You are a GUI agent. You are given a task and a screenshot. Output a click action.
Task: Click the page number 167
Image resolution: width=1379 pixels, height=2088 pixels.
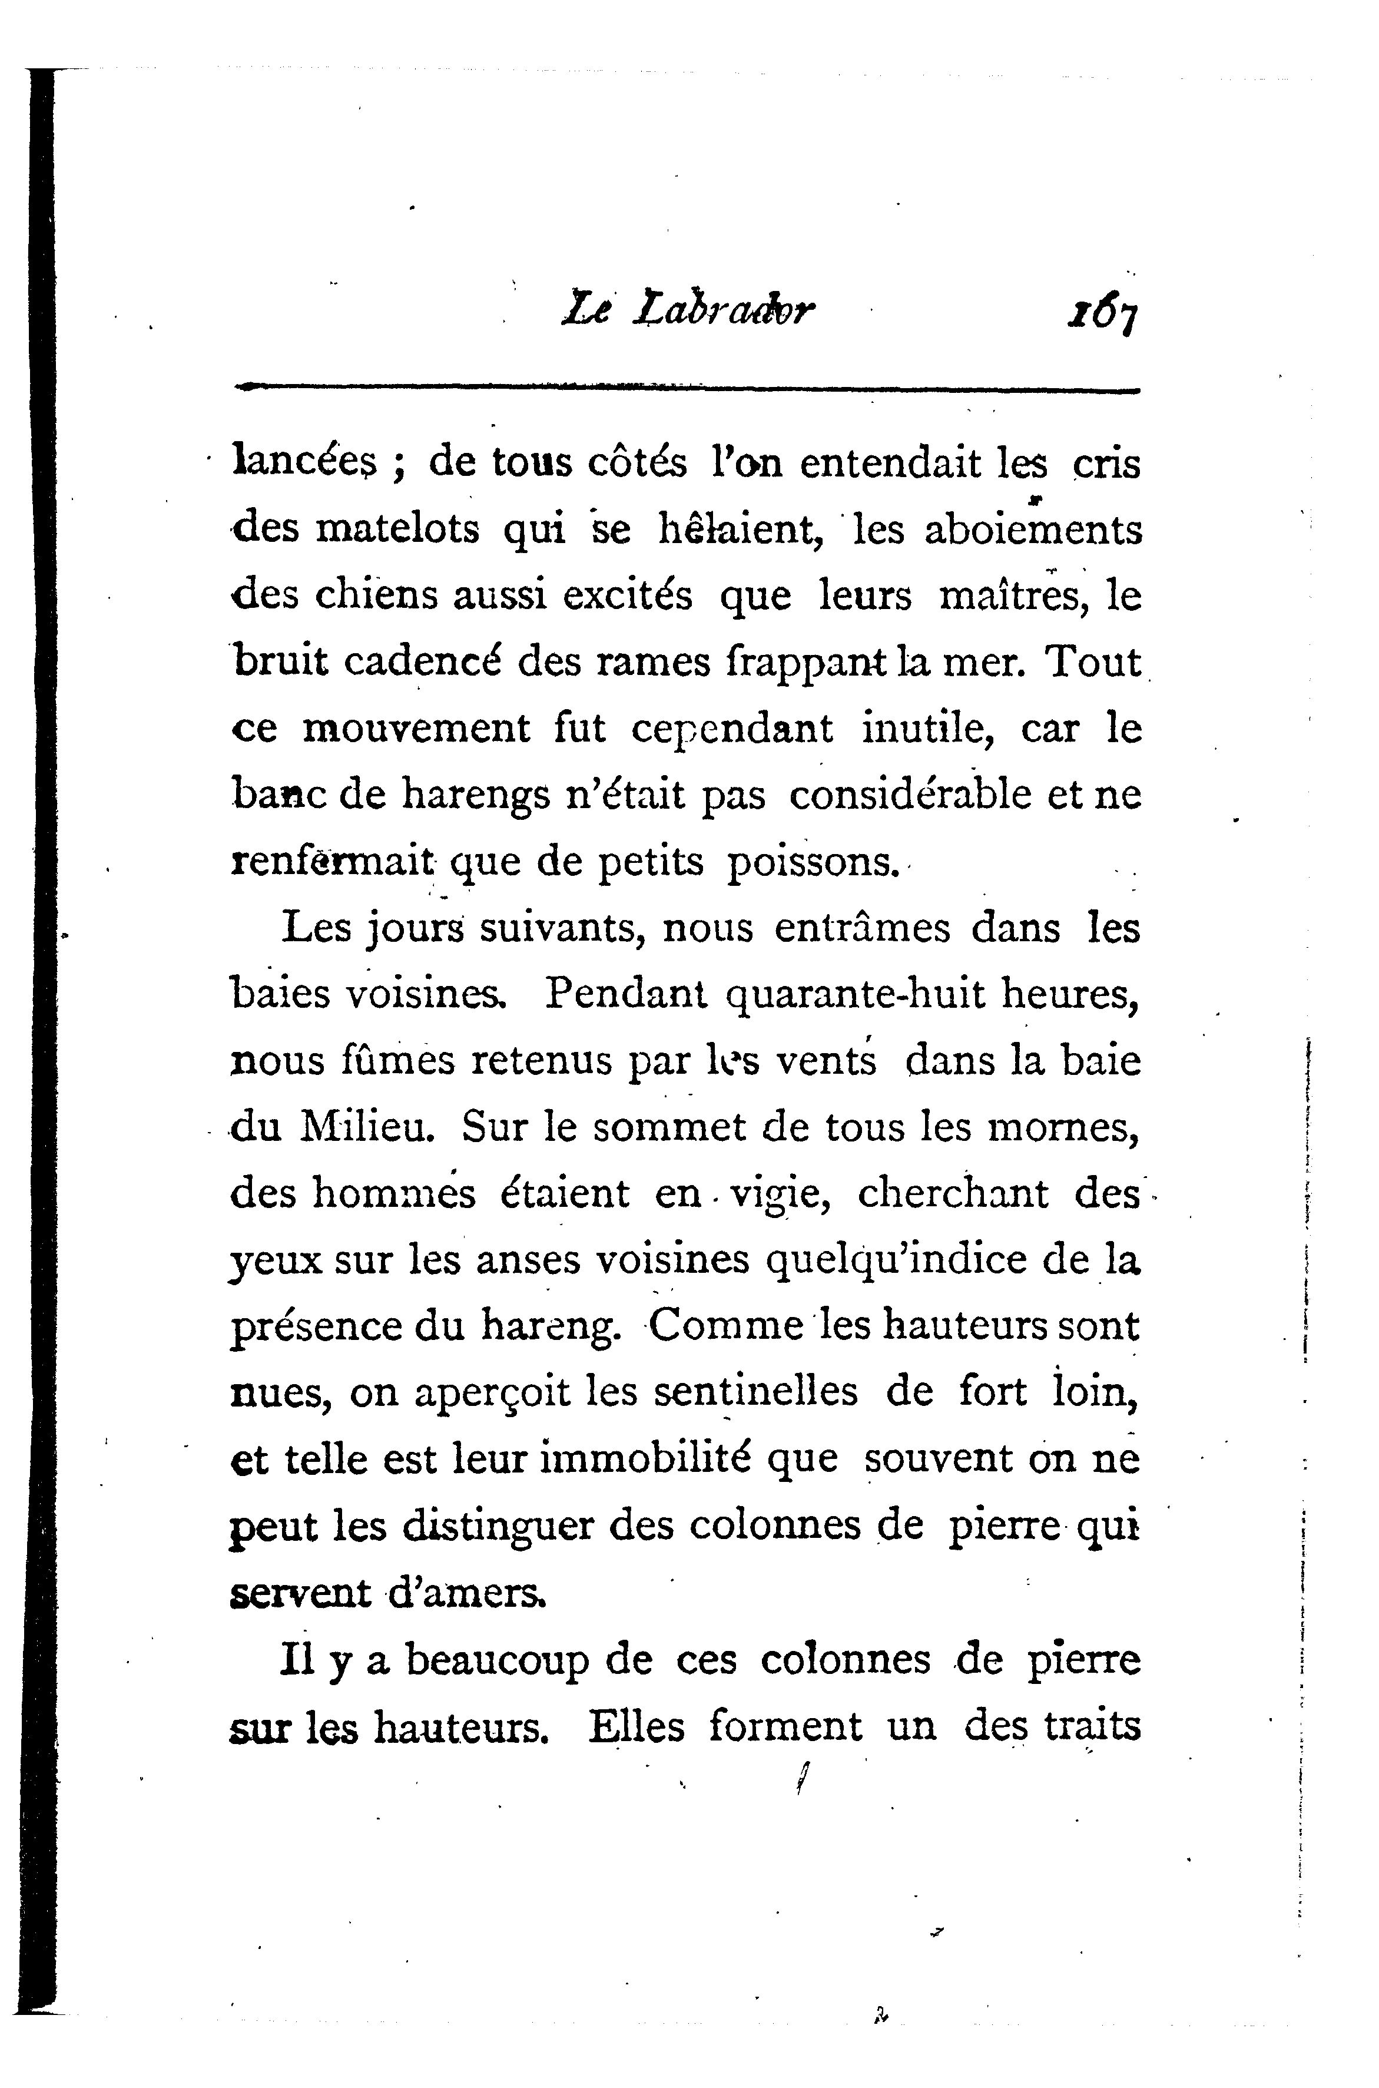[x=1099, y=312]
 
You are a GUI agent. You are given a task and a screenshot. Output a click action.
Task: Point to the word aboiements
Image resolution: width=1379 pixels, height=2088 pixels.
[x=1033, y=530]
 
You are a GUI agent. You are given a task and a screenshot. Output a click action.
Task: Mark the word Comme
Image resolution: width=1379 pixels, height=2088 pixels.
[x=727, y=1326]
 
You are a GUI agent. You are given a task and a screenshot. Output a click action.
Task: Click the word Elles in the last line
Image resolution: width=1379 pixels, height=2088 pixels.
[x=636, y=1726]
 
